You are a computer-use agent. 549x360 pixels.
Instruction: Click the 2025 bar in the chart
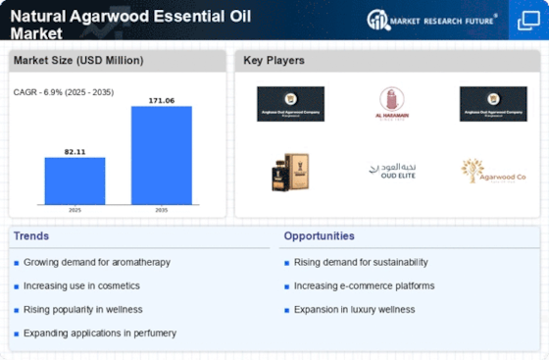tap(75, 180)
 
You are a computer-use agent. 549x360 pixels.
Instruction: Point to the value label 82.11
tap(75, 150)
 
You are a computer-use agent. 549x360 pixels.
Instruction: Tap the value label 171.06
tap(162, 99)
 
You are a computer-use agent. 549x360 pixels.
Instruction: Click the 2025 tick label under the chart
tap(75, 210)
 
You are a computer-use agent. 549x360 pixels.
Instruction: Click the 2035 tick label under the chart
tap(162, 210)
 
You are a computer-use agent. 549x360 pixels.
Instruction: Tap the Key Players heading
tap(275, 61)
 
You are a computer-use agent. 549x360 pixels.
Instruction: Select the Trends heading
tap(31, 235)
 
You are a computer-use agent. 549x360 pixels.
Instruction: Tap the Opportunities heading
tap(320, 235)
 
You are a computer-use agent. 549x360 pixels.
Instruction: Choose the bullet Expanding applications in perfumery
tap(99, 333)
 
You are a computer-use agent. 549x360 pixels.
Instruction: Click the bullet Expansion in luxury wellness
tap(354, 309)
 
